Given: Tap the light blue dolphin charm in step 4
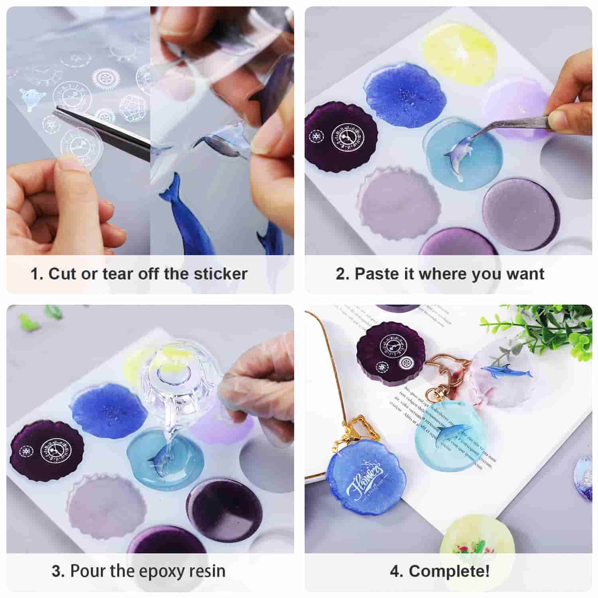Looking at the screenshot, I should click(x=447, y=435).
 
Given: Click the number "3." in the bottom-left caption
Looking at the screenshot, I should click(x=58, y=571).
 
